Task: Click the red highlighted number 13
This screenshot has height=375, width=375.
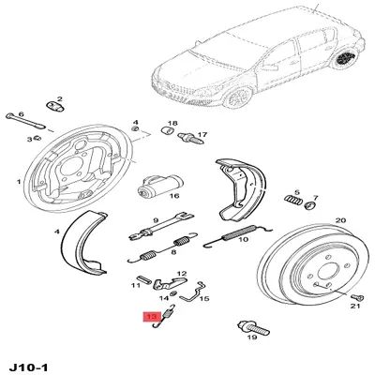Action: pyautogui.click(x=152, y=317)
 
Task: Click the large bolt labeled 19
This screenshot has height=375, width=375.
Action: pyautogui.click(x=253, y=327)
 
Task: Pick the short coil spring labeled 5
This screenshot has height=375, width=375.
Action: pyautogui.click(x=293, y=200)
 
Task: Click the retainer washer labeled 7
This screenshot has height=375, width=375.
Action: pyautogui.click(x=310, y=205)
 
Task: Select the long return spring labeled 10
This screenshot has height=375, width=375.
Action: pyautogui.click(x=237, y=235)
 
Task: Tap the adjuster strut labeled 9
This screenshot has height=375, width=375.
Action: pyautogui.click(x=161, y=226)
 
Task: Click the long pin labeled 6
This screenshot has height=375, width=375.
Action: pyautogui.click(x=25, y=121)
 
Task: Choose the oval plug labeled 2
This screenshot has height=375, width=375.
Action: pyautogui.click(x=55, y=106)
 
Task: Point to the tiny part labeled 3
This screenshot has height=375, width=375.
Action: pyautogui.click(x=37, y=138)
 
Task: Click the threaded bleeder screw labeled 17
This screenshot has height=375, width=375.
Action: pyautogui.click(x=190, y=138)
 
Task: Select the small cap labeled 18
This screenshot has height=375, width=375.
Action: pyautogui.click(x=168, y=130)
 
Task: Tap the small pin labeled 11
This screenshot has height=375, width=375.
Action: pyautogui.click(x=143, y=279)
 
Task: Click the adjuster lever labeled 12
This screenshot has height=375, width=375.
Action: pyautogui.click(x=170, y=282)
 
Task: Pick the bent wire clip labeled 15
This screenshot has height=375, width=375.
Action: pyautogui.click(x=195, y=292)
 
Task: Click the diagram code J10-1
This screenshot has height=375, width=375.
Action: pyautogui.click(x=29, y=367)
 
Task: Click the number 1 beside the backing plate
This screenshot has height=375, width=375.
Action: pyautogui.click(x=19, y=182)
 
